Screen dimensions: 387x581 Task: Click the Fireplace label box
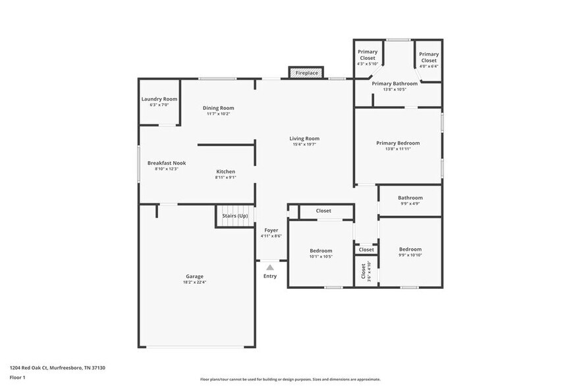[306, 73]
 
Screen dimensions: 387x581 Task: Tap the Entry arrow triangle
[270, 267]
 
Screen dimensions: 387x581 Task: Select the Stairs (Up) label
[235, 216]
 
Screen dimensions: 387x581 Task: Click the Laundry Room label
[159, 99]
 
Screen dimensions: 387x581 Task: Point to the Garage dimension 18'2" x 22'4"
[194, 282]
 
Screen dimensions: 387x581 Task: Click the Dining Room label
[218, 108]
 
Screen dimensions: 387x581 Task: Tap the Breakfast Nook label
[167, 163]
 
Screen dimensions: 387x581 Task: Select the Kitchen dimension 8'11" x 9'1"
[225, 177]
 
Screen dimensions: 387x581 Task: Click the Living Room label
[304, 138]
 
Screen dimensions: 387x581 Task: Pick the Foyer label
[271, 230]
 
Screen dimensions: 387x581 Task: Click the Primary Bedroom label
[398, 143]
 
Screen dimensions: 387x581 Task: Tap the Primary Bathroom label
[395, 84]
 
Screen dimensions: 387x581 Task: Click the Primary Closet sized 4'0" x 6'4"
[429, 57]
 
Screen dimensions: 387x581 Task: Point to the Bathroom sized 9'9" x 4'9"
[410, 197]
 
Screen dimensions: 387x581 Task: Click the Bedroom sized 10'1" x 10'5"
[321, 251]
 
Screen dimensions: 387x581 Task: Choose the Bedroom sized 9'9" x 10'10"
[410, 249]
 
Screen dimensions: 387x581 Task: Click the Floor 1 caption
[17, 378]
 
